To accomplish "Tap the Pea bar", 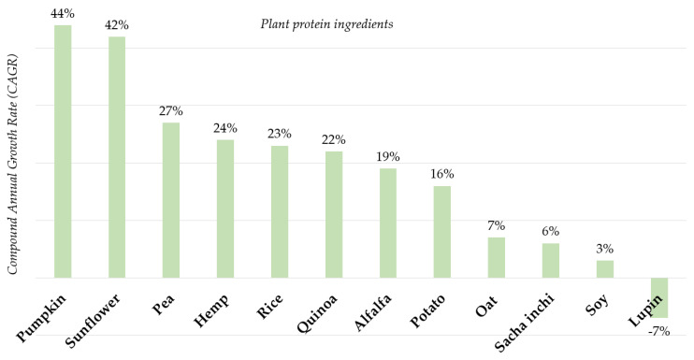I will [171, 200].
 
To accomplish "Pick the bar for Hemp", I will [225, 209].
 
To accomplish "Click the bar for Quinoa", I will [334, 214].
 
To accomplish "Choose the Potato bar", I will [442, 232].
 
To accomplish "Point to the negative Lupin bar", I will [659, 297].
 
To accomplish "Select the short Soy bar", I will [605, 269].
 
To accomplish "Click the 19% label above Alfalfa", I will [388, 156].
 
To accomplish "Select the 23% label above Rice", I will [280, 133].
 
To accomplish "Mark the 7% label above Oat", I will [496, 225].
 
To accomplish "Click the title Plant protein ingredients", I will [325, 23].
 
